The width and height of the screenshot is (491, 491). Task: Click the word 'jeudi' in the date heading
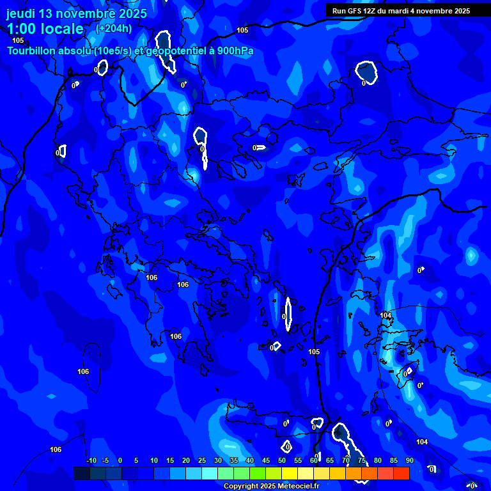point(20,13)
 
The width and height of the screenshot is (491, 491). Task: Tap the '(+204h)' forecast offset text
point(114,28)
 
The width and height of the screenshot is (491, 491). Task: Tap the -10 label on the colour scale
point(91,461)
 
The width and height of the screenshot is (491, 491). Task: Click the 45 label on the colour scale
point(266,461)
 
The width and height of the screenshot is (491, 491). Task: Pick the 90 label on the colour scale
point(410,461)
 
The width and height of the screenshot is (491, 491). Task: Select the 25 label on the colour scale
point(202,461)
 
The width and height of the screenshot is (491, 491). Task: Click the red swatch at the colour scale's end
point(401,473)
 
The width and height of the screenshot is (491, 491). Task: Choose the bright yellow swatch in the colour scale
point(290,473)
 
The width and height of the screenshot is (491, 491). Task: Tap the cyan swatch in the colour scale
point(210,473)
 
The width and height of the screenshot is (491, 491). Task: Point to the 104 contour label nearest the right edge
point(422,442)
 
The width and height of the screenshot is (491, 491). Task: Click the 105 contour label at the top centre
point(242,30)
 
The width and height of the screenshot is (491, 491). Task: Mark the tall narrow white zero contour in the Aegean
point(288,314)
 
